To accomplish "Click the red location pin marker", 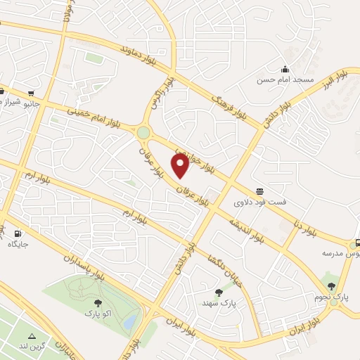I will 181,165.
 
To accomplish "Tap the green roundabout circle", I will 143,131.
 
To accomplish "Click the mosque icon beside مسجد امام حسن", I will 285,69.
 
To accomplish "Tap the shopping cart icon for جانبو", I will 32,93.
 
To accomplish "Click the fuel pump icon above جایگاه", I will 18,233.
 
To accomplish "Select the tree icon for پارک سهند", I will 218,292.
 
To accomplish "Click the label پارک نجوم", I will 331,297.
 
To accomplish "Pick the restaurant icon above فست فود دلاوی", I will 261,191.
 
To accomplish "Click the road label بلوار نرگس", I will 157,97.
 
